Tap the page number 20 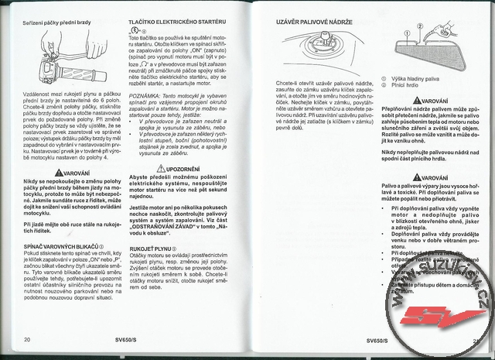coord(29,338)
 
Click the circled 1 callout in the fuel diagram coord(420,26)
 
